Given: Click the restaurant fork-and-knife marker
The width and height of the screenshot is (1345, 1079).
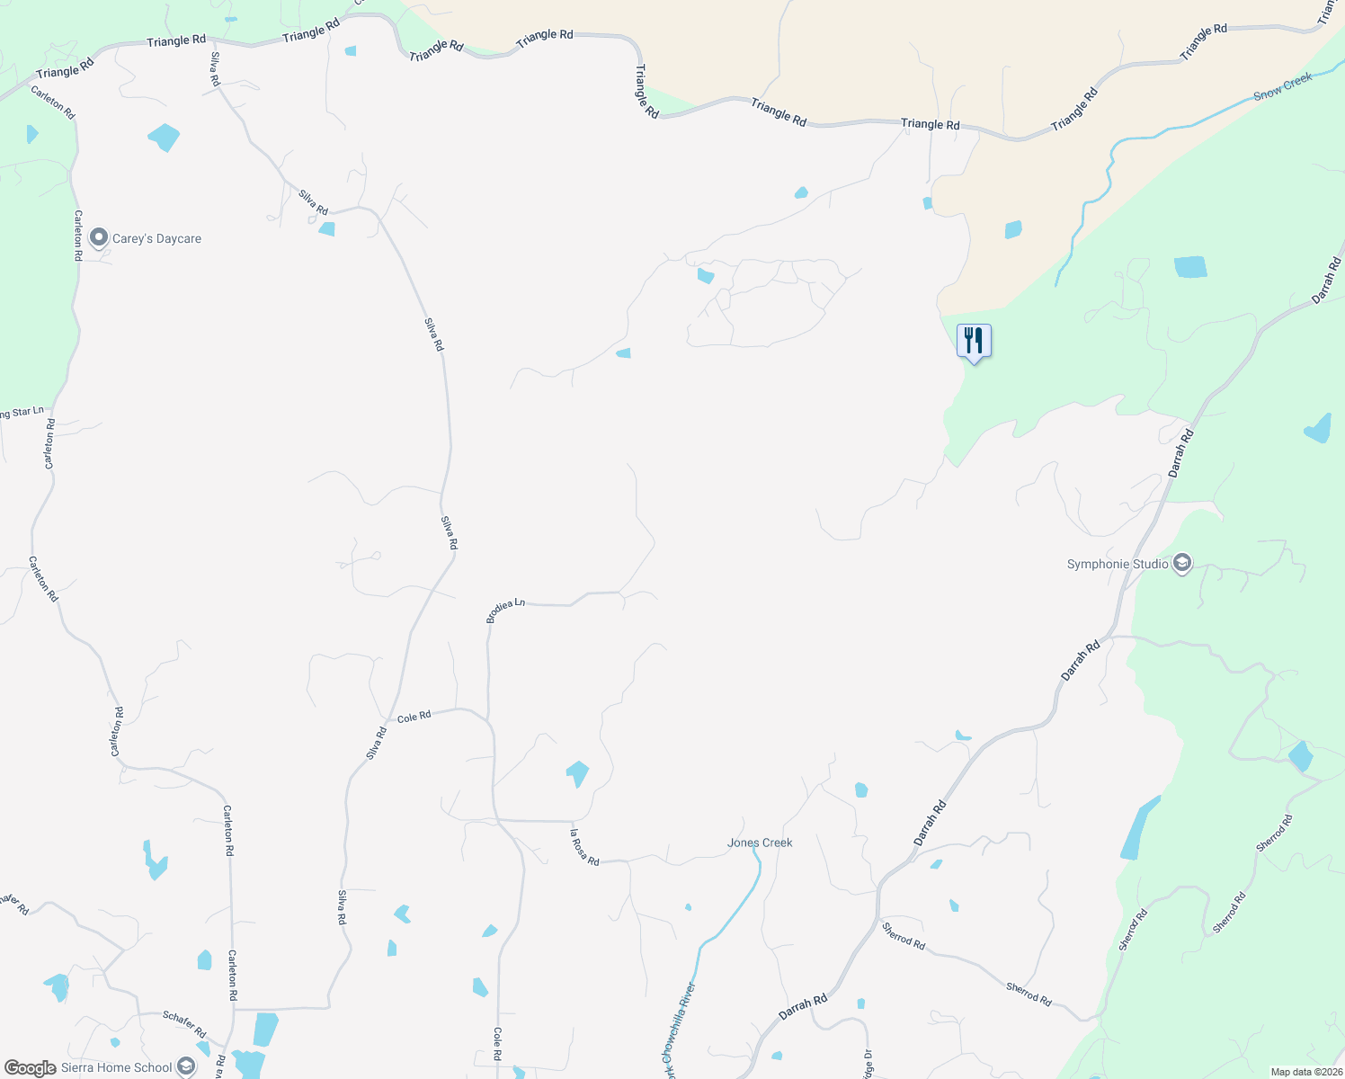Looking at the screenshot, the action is pos(974,341).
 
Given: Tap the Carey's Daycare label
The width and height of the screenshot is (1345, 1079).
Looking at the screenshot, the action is pos(156,239).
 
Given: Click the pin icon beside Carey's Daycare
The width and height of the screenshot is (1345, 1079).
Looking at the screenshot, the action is pos(100,238).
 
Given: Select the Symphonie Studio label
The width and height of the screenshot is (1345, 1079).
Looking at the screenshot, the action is pos(1118,565).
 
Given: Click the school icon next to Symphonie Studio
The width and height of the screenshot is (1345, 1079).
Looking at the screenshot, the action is pos(1182,564).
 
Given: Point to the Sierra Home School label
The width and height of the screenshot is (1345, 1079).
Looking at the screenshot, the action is pos(116,1067).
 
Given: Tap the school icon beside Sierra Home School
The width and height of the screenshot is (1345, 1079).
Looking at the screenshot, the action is pos(185,1067).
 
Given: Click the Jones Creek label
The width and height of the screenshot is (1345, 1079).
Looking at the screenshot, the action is pos(760,843).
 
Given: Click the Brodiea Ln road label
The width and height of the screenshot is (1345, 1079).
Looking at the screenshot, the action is pos(505,611).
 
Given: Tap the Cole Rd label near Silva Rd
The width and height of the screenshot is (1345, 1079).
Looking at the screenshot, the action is pos(414,717).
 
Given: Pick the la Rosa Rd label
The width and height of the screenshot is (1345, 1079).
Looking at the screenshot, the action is pos(584,847).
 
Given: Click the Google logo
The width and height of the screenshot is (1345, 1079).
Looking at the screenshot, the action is pos(30,1068).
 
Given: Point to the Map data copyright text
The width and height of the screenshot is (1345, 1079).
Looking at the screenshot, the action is pos(1305,1072).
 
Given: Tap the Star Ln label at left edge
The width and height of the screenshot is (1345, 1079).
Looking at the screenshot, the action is pos(22,413).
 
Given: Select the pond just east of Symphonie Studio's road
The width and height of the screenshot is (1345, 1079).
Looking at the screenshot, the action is pos(1318,429).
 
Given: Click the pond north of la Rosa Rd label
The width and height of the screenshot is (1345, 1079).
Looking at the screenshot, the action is pos(577,772).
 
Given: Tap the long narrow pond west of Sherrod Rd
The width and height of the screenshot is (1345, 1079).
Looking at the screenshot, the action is pos(1139,829).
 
